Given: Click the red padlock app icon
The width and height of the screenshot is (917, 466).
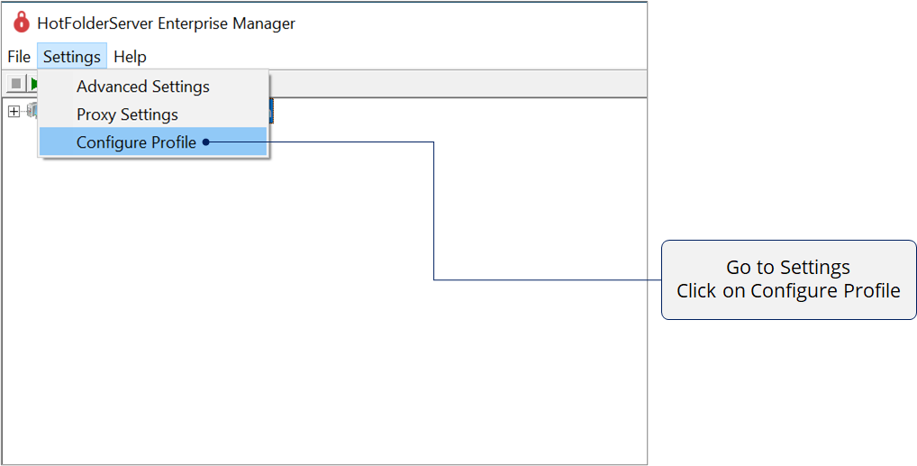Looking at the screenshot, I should [x=22, y=23].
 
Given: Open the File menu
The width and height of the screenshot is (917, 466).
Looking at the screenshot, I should [x=19, y=57].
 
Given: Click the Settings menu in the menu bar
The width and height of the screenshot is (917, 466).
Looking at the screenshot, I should [x=72, y=57].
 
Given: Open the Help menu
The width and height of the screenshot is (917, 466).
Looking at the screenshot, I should [x=130, y=57].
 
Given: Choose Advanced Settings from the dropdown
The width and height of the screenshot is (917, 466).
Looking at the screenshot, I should [x=142, y=87].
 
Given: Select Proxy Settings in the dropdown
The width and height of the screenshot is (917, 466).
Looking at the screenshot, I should [x=127, y=114].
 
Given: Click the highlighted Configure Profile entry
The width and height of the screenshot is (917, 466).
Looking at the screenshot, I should [x=136, y=142].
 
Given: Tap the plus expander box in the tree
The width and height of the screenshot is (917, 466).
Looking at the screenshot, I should [x=14, y=111].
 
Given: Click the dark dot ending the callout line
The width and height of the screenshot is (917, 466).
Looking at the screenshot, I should [x=206, y=142].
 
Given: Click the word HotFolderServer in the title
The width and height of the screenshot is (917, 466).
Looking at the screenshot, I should [x=95, y=23].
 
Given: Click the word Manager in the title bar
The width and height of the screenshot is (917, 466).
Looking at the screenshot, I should [x=265, y=23].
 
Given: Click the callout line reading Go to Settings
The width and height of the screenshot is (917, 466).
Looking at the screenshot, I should [x=788, y=268].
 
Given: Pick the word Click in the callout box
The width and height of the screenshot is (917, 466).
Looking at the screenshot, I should [x=696, y=290].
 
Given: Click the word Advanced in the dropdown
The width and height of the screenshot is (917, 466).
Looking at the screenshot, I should [x=112, y=87].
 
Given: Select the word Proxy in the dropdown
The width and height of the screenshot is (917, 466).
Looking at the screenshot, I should [x=96, y=114].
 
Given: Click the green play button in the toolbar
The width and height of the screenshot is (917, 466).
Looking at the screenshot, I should [x=34, y=83].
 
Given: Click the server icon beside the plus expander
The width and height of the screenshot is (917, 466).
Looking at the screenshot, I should [x=32, y=110].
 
